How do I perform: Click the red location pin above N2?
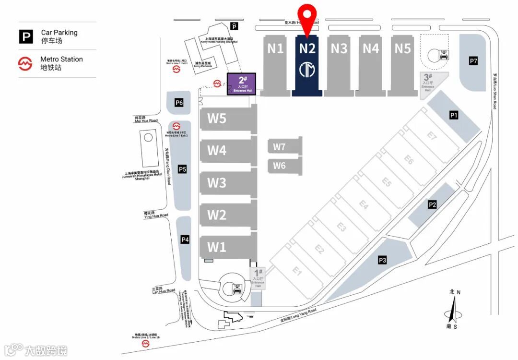(307, 14)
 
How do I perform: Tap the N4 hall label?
(371, 48)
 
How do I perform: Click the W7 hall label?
(279, 147)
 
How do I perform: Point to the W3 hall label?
(217, 183)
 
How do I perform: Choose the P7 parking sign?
(473, 61)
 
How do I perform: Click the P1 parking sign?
(454, 115)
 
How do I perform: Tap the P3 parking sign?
(382, 260)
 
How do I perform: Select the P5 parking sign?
(182, 169)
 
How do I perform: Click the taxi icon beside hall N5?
(444, 55)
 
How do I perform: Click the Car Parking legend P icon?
(26, 36)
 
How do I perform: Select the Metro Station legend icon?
(25, 63)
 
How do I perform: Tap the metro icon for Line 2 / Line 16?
(145, 344)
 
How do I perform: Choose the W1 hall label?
(217, 247)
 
